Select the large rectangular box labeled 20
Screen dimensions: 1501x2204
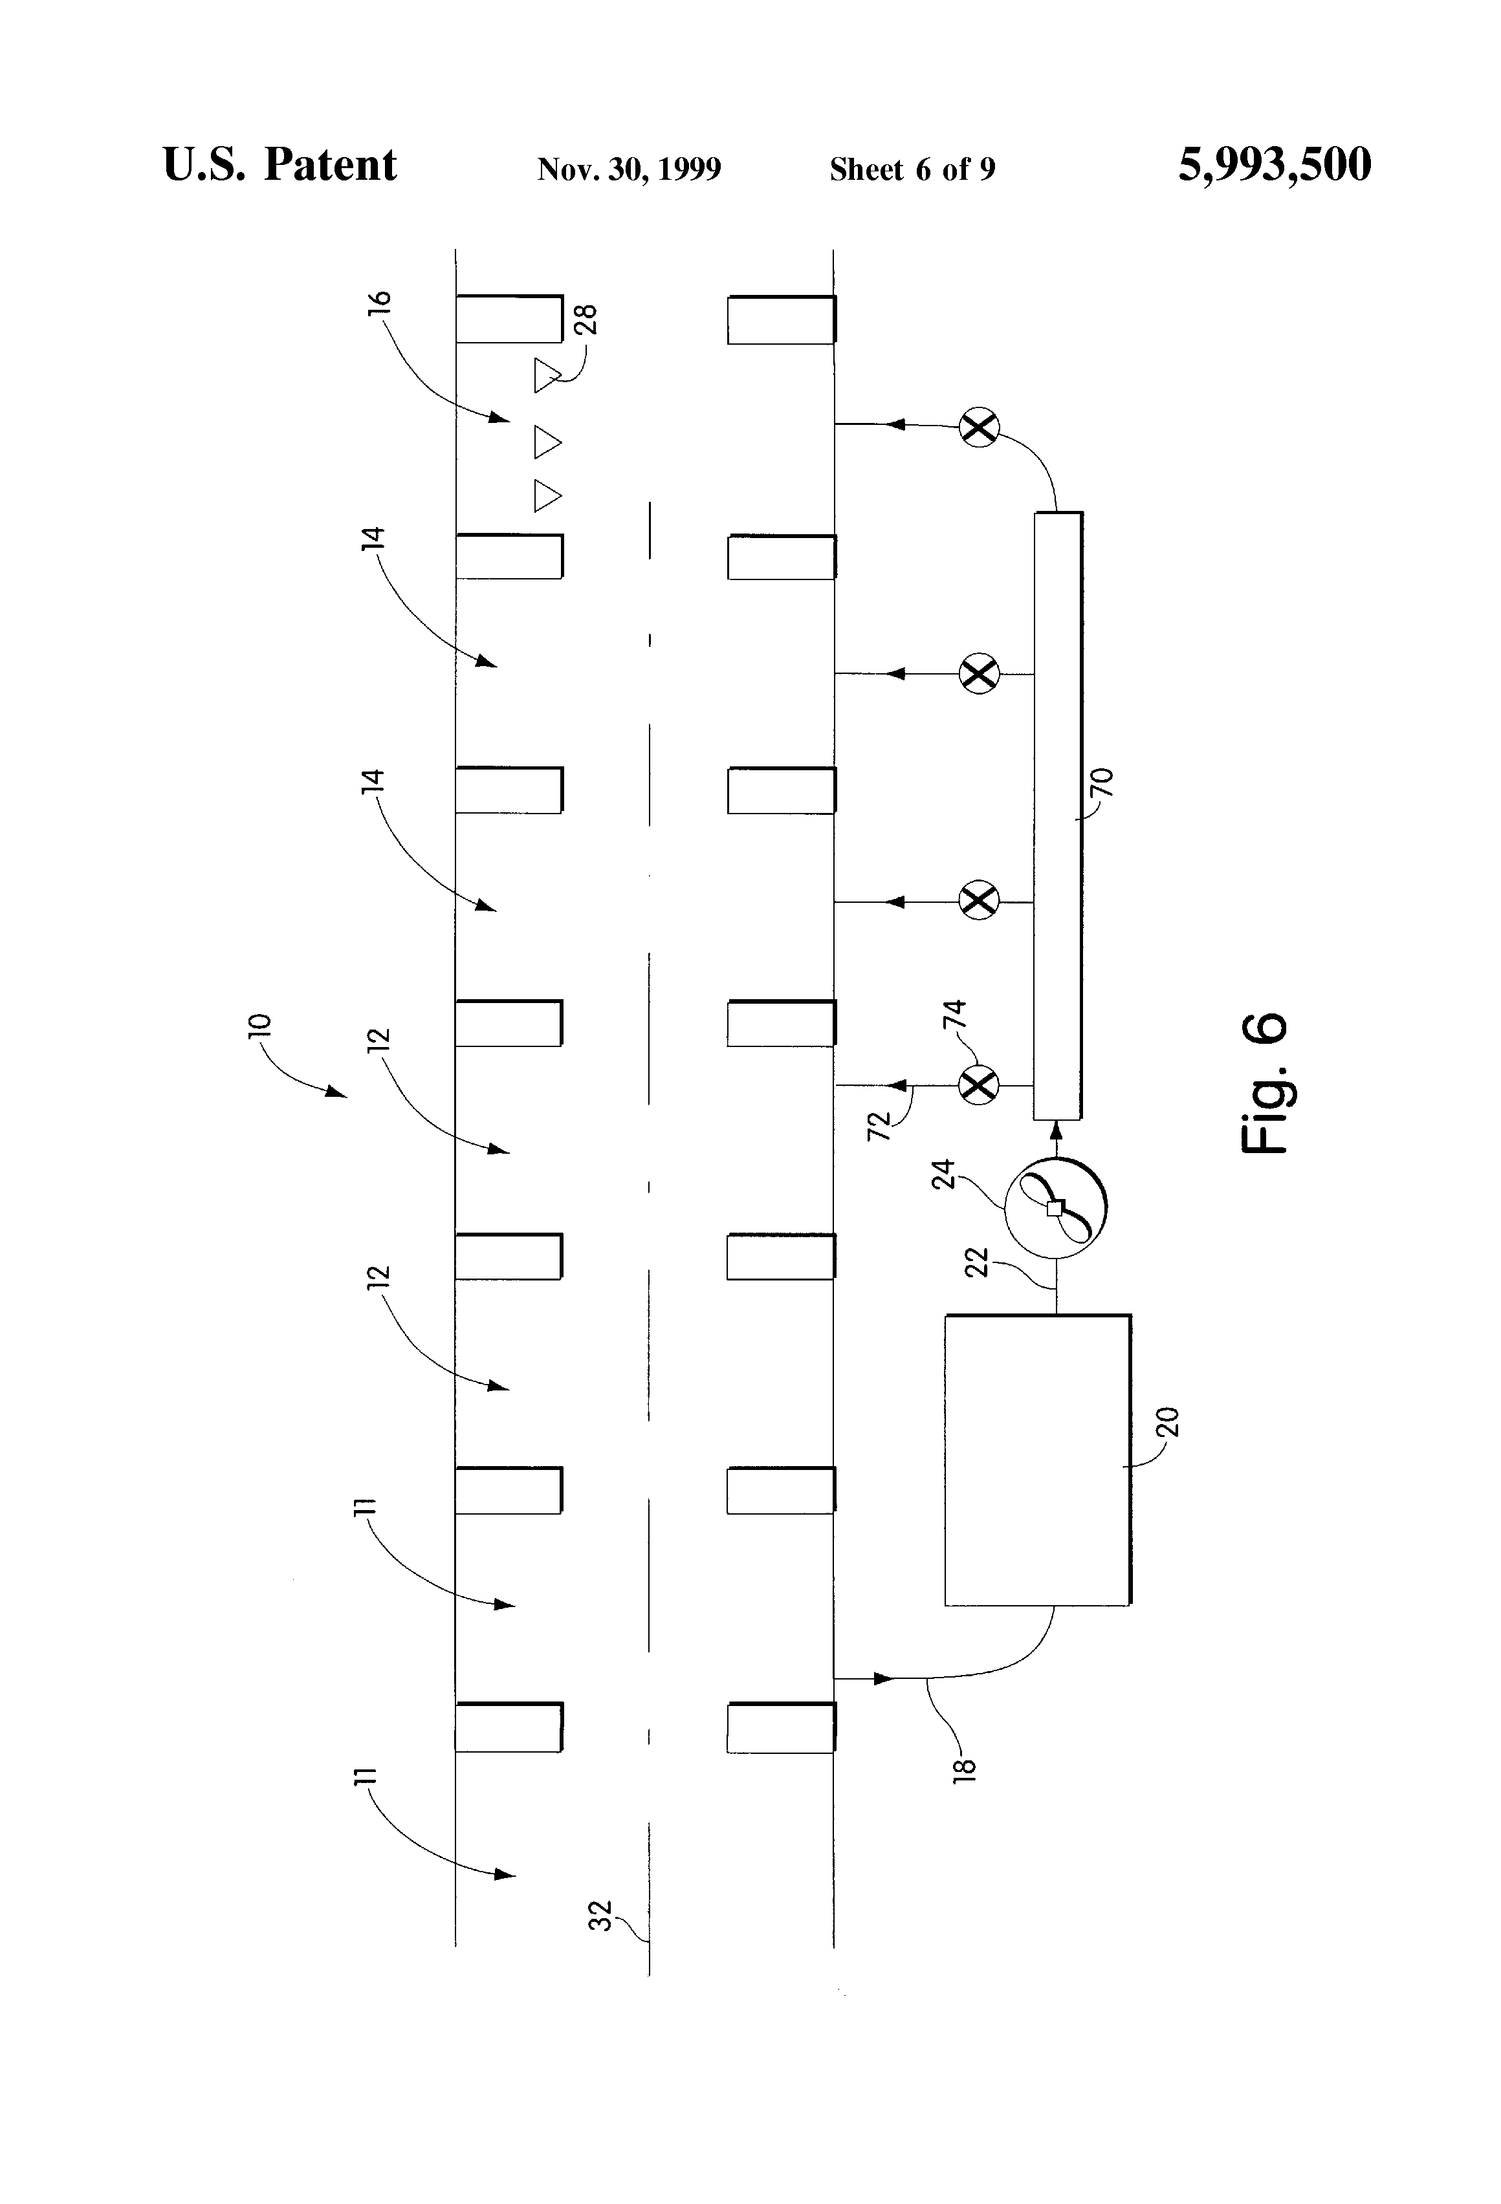pyautogui.click(x=1038, y=1460)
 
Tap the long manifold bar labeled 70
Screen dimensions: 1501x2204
pyautogui.click(x=1058, y=816)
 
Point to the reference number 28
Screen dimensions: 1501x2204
pyautogui.click(x=586, y=319)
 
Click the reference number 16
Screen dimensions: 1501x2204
pyautogui.click(x=378, y=303)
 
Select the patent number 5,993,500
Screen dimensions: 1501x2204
pyautogui.click(x=1275, y=165)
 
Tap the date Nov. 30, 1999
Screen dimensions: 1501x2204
pyautogui.click(x=629, y=169)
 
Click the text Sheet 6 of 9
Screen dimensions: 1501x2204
pyautogui.click(x=913, y=169)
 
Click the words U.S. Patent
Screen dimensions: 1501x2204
pyautogui.click(x=280, y=165)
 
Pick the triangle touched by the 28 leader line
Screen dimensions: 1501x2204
pyautogui.click(x=547, y=376)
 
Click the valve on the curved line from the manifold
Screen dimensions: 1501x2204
pyautogui.click(x=979, y=427)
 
